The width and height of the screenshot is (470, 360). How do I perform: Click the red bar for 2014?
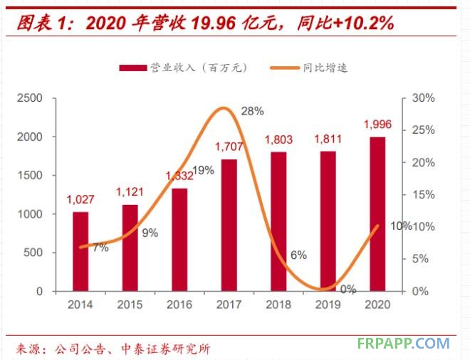coord(80,251)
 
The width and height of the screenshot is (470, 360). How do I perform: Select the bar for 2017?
coord(229,225)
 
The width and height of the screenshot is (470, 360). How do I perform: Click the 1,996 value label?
coord(377,125)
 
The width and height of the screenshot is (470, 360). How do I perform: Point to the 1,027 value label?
coord(80,200)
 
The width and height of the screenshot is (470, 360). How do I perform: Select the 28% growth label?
coord(253,111)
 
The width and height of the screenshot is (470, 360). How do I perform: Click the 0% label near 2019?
coord(348,289)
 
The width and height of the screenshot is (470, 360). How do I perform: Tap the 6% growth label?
coord(298,255)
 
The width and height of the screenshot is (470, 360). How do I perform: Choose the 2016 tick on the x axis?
coord(179,305)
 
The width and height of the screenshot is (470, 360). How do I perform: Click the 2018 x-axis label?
coord(278,305)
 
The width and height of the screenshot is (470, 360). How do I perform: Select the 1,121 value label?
coord(130,193)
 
